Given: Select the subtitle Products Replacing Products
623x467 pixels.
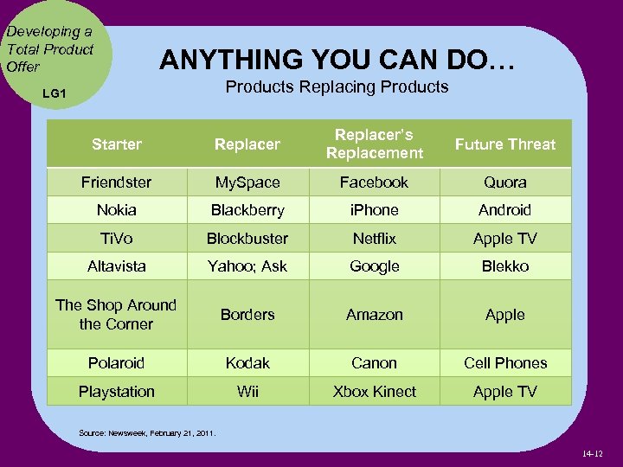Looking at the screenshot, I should (x=337, y=86).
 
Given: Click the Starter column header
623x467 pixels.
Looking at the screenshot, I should (x=116, y=144).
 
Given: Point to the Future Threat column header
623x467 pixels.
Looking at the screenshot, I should (x=505, y=144).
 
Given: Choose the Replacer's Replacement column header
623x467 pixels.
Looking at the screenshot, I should (x=375, y=144).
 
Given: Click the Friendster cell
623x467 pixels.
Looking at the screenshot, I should (x=116, y=182).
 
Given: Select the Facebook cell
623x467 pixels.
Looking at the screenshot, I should (x=375, y=182).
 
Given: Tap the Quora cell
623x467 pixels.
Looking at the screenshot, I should (x=505, y=182).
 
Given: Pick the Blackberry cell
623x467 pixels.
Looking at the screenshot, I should (x=247, y=210).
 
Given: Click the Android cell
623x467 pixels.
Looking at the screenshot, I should (x=505, y=210).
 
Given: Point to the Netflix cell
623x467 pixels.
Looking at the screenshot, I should (x=375, y=238).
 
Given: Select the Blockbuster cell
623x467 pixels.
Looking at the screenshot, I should (x=247, y=238).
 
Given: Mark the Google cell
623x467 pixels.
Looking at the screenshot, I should (x=375, y=266).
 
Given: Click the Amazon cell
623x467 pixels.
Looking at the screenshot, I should (x=375, y=315).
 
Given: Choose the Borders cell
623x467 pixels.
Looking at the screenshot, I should (x=247, y=315).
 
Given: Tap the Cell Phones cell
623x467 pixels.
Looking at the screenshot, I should (x=505, y=363).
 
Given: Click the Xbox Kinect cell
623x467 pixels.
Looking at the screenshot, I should (x=375, y=392).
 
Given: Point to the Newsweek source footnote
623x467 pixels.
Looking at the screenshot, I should (x=146, y=432).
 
